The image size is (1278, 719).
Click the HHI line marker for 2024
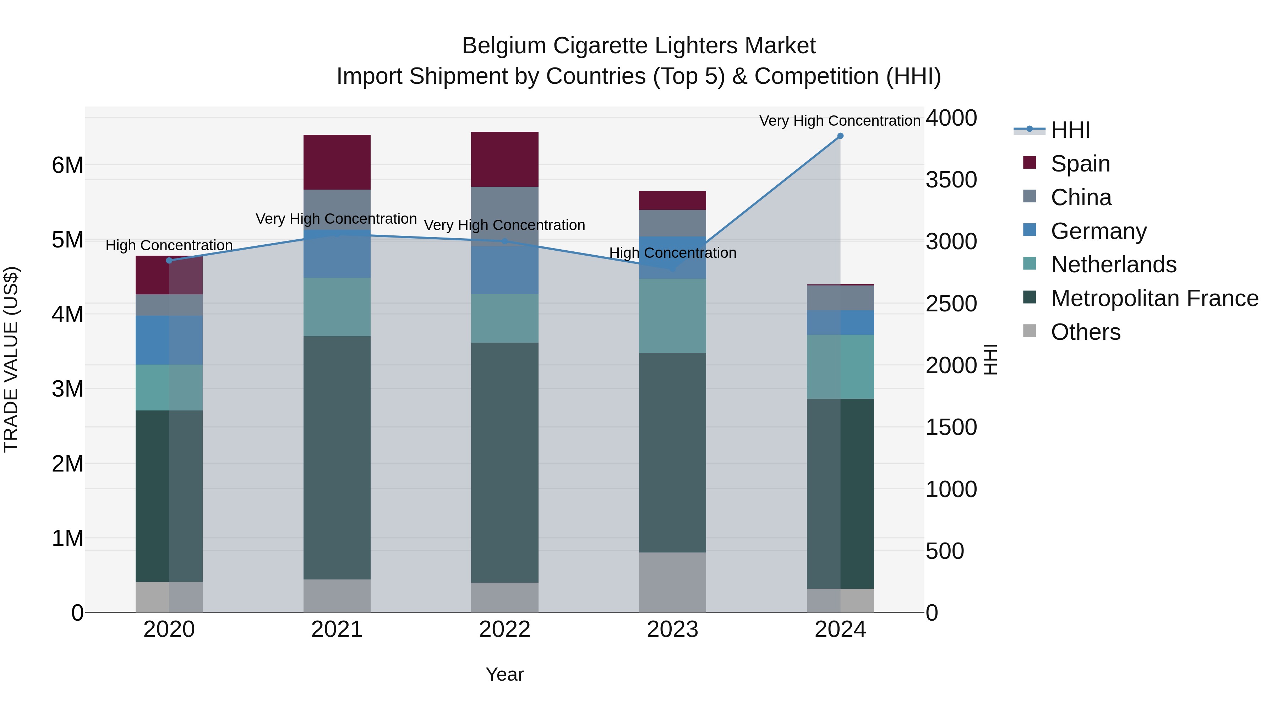tap(840, 136)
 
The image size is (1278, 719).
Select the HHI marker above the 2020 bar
tap(169, 261)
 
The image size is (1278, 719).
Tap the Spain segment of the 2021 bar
tap(337, 162)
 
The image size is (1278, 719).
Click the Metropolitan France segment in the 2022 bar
tap(504, 462)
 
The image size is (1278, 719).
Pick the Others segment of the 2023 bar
tap(672, 582)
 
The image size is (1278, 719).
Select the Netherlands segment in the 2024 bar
tap(840, 367)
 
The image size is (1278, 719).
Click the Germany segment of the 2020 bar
tap(169, 340)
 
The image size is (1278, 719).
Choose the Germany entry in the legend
tap(1098, 231)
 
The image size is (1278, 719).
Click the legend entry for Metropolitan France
tap(1154, 298)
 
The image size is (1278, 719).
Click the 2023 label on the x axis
tap(672, 630)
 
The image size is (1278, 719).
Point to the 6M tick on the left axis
tap(67, 165)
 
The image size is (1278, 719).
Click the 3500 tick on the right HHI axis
tap(951, 180)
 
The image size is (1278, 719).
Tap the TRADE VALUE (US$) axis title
tap(11, 359)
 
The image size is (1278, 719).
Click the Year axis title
tap(504, 674)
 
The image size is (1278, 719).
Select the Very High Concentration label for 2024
tap(840, 121)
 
